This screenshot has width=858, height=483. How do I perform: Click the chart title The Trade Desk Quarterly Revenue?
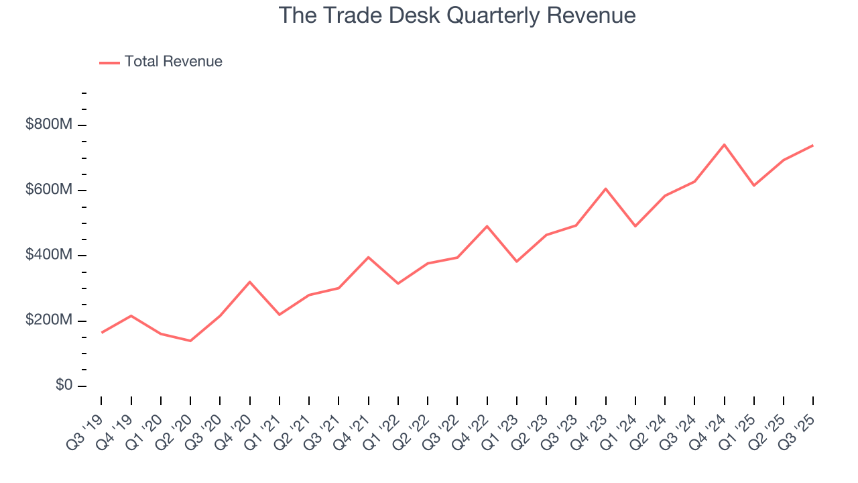(457, 15)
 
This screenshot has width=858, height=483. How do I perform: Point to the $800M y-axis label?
(49, 125)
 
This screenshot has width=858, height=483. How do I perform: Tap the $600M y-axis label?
(49, 190)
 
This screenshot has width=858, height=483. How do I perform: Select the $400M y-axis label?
(49, 255)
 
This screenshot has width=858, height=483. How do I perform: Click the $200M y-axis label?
(49, 320)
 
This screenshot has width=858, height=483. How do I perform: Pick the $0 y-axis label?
(64, 385)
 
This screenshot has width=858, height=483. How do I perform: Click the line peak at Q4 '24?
(724, 144)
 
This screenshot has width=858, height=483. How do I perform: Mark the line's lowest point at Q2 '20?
(190, 341)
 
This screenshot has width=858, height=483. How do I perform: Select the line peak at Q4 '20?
(250, 282)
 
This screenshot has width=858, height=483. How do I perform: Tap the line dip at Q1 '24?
(635, 226)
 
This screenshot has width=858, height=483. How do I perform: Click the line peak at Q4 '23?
(606, 189)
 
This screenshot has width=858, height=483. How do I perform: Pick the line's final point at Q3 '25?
(812, 146)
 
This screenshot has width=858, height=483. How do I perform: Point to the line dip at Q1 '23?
(517, 262)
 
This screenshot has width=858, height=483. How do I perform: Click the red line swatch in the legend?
(109, 62)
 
